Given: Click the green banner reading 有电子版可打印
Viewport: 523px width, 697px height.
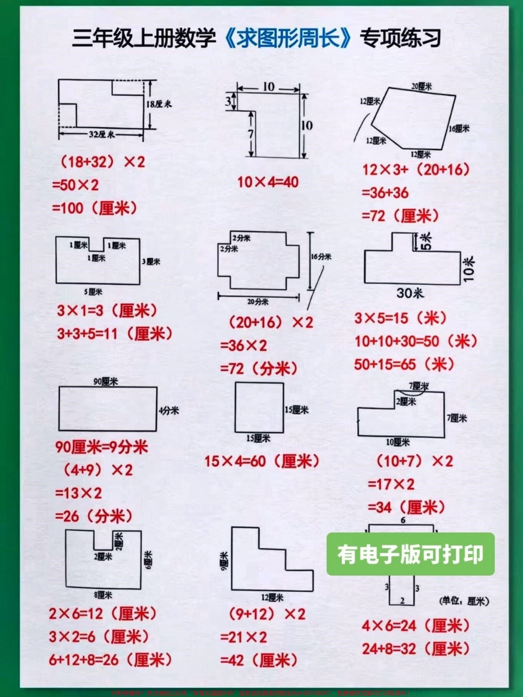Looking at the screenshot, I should pos(410,554).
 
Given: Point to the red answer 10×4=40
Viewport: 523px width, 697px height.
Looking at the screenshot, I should pos(268,182).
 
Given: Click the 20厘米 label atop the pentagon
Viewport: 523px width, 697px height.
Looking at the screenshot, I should pos(421,86).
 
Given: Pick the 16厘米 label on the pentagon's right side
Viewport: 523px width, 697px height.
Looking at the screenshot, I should pos(459,128).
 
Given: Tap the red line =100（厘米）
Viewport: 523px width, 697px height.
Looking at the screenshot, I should pos(94,208).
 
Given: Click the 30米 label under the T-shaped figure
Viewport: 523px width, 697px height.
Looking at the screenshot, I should pos(410,293).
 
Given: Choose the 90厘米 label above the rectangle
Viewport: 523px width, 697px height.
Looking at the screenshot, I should pos(107,381).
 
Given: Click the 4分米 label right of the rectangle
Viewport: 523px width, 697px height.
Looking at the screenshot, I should pos(168,410).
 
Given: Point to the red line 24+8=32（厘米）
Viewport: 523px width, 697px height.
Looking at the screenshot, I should pos(416,649).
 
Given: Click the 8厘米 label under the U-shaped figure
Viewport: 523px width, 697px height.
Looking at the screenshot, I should pos(103,595).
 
